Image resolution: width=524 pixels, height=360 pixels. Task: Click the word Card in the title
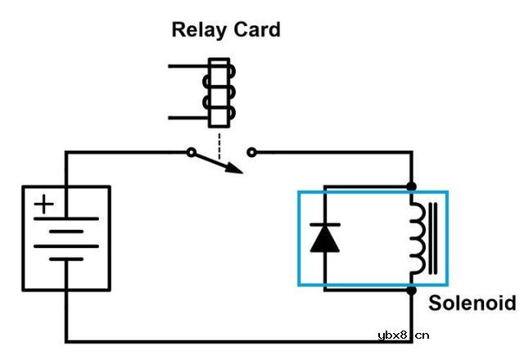point(255,30)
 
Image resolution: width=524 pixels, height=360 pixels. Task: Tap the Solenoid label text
point(472,303)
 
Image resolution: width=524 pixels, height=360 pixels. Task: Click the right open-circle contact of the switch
point(251,152)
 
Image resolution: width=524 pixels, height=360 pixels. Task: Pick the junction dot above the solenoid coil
point(411,187)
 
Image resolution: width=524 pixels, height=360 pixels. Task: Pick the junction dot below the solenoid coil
point(411,290)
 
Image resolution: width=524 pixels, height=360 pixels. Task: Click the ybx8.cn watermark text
point(404,335)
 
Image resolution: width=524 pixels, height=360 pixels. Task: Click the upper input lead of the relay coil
point(187,65)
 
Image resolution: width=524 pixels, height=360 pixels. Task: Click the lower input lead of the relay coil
point(187,118)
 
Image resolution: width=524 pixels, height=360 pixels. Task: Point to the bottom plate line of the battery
point(65,259)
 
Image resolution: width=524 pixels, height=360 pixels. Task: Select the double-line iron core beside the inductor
point(433,238)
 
